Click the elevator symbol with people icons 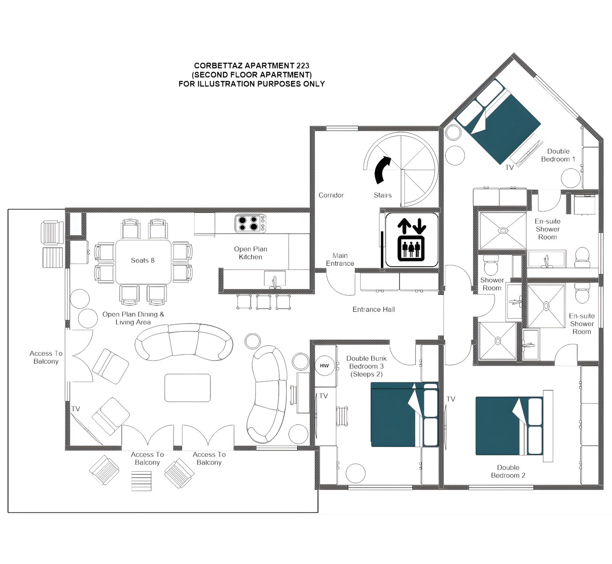(x=411, y=240)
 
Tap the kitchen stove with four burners (x=250, y=224)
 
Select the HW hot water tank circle (x=324, y=366)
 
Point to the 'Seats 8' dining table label (x=143, y=260)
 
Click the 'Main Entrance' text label (x=340, y=259)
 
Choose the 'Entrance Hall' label (x=373, y=310)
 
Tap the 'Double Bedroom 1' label (x=558, y=155)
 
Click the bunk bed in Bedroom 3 (x=404, y=414)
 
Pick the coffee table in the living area (x=188, y=388)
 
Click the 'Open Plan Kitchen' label (x=250, y=253)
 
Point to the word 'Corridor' (x=331, y=195)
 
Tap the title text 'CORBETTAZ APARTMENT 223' (x=252, y=66)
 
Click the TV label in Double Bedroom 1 (x=509, y=167)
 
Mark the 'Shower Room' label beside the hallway (x=492, y=284)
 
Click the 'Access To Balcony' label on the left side (x=46, y=357)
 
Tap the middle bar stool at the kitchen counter (x=264, y=302)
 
